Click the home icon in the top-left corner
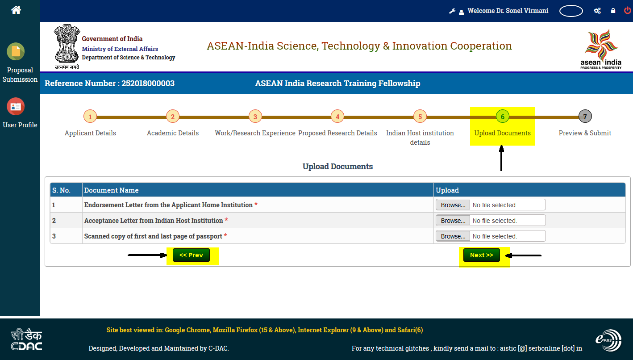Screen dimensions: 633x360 [x=16, y=10]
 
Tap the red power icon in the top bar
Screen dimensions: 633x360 [x=627, y=10]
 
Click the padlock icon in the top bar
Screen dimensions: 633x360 [x=613, y=11]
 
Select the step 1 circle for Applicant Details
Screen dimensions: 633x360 [x=90, y=117]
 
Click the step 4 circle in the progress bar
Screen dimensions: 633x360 [x=337, y=117]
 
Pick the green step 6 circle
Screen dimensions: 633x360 [x=503, y=117]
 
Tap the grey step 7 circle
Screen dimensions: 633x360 [x=585, y=117]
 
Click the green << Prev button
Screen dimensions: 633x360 [x=192, y=255]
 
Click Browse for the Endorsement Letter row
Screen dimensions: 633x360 [x=453, y=205]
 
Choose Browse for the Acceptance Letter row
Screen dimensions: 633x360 [x=453, y=221]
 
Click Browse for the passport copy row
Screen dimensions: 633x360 [x=453, y=236]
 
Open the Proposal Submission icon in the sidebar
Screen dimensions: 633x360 [x=16, y=51]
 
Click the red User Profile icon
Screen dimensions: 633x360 [x=16, y=107]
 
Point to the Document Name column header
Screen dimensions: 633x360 [x=111, y=190]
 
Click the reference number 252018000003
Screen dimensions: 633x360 [x=148, y=84]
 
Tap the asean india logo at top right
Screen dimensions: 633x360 [x=601, y=49]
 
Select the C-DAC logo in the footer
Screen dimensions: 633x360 [x=26, y=339]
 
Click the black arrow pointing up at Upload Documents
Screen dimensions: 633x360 [x=501, y=158]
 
